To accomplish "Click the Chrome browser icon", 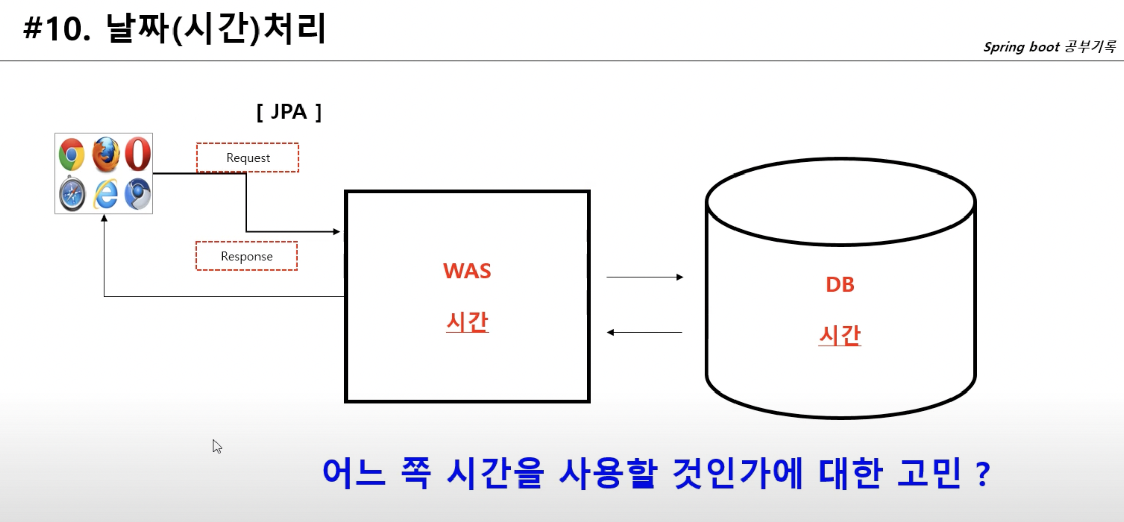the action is [x=71, y=154].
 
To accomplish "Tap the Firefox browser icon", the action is [x=106, y=154].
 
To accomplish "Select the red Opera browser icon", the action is [x=138, y=154].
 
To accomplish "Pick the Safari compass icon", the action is [x=72, y=194].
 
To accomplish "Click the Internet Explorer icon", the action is [x=106, y=194].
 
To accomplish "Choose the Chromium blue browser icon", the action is [x=137, y=194].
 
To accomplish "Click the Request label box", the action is [x=248, y=158].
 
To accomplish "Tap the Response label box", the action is [x=247, y=256].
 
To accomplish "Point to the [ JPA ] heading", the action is [x=289, y=112].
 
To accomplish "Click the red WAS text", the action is [x=467, y=271].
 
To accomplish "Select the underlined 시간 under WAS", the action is [x=467, y=322].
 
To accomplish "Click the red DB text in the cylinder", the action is [x=840, y=285].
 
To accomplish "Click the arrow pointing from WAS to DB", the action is [x=645, y=277].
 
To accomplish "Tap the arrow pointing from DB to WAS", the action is [x=644, y=332].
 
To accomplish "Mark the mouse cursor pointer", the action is [x=217, y=446].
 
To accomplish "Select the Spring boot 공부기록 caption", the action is [x=1049, y=47].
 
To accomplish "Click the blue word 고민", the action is [x=929, y=473].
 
